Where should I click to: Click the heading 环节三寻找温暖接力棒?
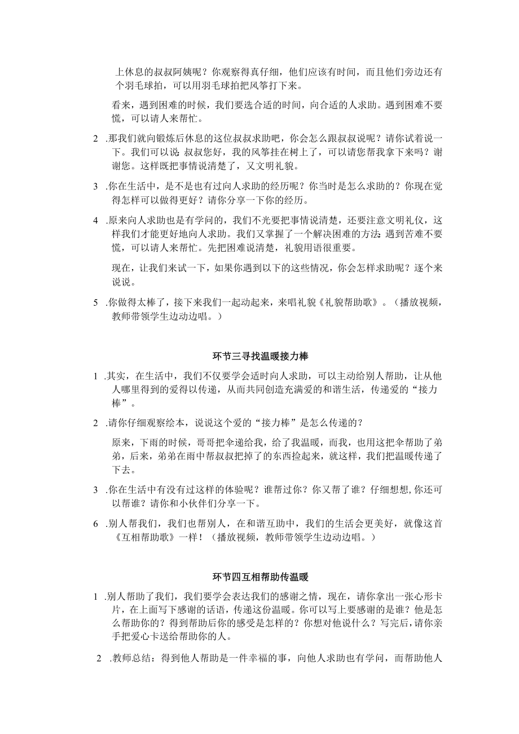point(259,356)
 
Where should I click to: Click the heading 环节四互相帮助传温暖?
point(259,577)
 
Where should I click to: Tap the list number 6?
point(96,524)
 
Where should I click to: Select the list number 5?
point(96,302)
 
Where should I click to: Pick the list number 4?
point(96,221)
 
